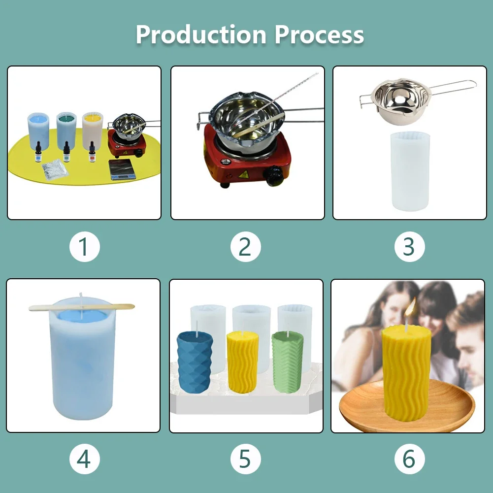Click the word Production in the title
coord(201,34)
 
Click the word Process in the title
coord(319,34)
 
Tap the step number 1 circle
coord(84,247)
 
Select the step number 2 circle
coord(245,247)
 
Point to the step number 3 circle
coord(409,247)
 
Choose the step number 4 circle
coord(84,459)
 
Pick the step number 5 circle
coord(245,459)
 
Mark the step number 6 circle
coord(409,459)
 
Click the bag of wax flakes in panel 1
coord(55,170)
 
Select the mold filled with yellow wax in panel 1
coord(92,131)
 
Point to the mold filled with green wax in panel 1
coord(66,131)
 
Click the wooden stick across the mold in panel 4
coord(81,307)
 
